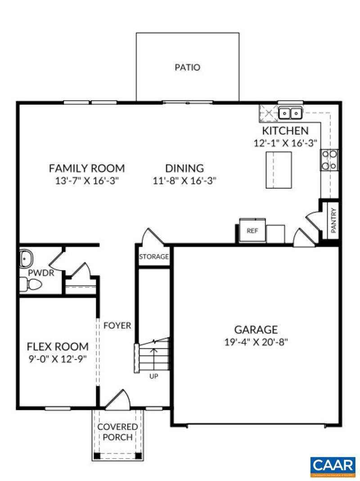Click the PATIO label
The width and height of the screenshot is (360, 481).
(187, 67)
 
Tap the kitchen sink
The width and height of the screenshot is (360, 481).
(290, 113)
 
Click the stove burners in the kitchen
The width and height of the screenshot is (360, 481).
(329, 160)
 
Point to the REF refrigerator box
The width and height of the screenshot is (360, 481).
(252, 231)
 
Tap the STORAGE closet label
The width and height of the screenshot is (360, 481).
(154, 257)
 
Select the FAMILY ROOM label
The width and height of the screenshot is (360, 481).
(87, 169)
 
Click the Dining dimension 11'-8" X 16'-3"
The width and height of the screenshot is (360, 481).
(184, 181)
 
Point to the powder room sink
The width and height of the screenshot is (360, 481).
(25, 259)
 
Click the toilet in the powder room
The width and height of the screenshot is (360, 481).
(31, 284)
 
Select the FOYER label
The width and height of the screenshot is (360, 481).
(117, 325)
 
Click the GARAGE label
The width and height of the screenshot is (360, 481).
(256, 330)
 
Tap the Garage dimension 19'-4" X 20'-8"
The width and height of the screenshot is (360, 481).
(256, 342)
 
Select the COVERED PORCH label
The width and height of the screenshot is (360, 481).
(117, 432)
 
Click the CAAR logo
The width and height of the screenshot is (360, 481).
(333, 467)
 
